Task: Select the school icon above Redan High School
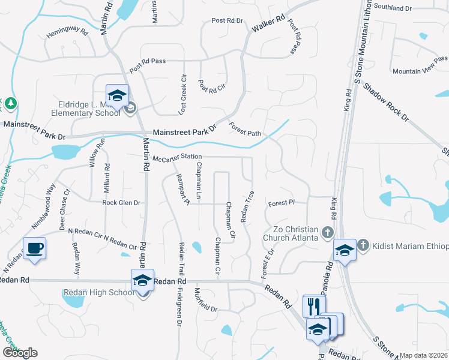[143, 280]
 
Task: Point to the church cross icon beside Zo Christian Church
[327, 232]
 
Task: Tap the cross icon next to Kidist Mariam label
[363, 245]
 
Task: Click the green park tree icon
[10, 104]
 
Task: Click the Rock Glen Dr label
[121, 203]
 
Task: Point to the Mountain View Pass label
[420, 65]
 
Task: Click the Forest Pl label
[281, 203]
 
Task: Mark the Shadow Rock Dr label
[385, 103]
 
